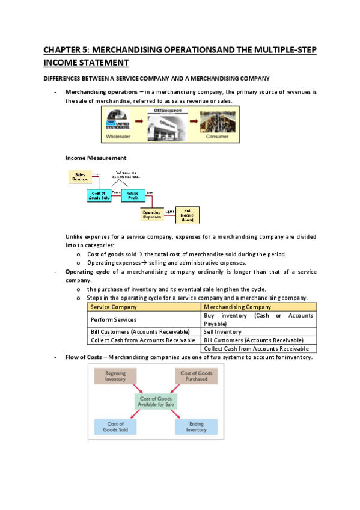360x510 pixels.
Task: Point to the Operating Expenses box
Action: click(x=151, y=214)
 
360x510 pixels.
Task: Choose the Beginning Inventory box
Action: click(x=115, y=376)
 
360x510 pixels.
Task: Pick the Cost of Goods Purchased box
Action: click(x=196, y=376)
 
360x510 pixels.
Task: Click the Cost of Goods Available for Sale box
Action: click(x=156, y=402)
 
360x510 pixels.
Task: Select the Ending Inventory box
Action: click(x=196, y=426)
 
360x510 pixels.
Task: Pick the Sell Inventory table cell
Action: click(x=223, y=331)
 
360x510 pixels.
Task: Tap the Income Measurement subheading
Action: click(x=96, y=158)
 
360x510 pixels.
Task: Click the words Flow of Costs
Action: click(x=83, y=357)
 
